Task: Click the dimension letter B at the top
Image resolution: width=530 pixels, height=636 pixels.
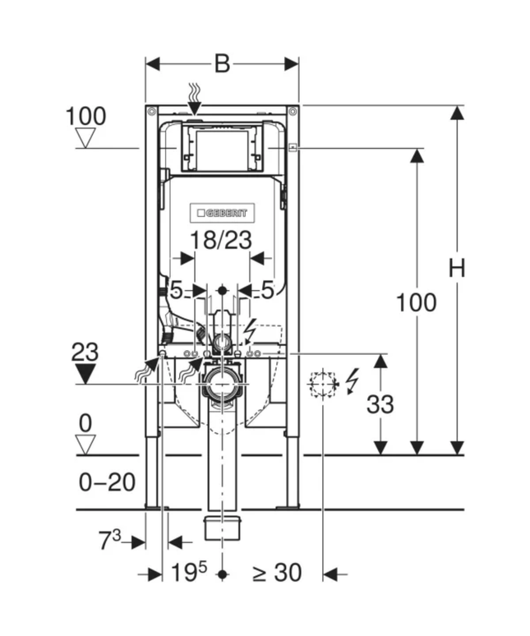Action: coord(222,63)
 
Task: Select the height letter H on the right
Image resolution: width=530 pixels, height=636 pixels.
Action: coord(457,268)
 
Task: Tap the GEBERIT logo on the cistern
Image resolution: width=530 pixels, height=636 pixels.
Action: coord(223,213)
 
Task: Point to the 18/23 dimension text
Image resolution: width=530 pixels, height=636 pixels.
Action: coord(222,240)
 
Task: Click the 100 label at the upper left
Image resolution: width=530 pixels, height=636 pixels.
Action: coord(85,116)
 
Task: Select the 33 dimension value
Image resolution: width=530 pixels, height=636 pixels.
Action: coord(380,404)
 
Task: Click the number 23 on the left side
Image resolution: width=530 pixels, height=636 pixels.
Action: coord(85,353)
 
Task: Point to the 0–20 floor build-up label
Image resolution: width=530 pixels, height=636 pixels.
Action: coord(108,482)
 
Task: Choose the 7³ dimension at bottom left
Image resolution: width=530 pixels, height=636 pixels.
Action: coord(109,542)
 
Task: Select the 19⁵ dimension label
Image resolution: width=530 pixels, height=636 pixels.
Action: coord(188,573)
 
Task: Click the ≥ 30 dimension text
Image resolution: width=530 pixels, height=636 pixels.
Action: coord(276,573)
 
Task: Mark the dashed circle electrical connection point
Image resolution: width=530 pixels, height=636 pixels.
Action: coord(323,384)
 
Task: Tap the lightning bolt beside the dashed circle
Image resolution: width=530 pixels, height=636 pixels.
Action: coord(353,380)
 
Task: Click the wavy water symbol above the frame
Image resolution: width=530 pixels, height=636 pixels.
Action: coord(195,95)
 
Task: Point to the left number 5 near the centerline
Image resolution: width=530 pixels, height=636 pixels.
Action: coord(175,289)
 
